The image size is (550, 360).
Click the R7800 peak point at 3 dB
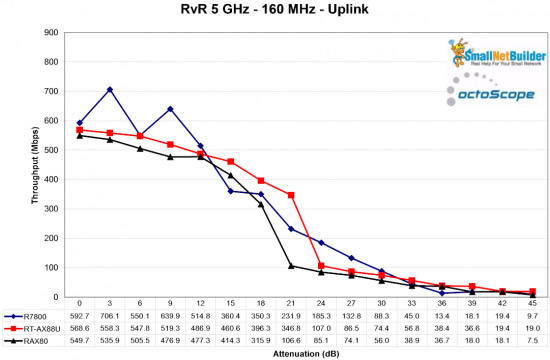point(110,90)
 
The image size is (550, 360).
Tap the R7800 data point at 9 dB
point(170,109)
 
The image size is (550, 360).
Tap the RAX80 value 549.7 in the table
point(80,340)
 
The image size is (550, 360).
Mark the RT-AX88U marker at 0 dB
point(80,130)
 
